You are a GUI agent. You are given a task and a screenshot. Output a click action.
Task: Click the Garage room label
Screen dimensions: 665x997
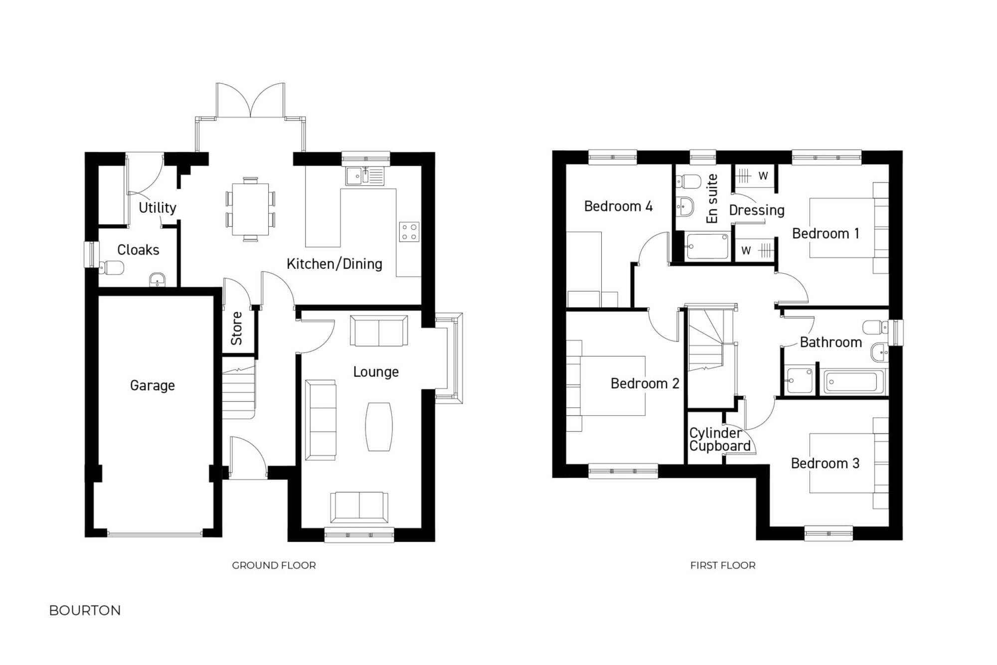152,385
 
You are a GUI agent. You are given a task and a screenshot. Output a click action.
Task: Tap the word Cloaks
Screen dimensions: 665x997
138,250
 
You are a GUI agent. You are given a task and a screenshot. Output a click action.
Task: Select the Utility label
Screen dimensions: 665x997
157,207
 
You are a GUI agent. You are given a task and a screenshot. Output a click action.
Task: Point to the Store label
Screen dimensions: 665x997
237,329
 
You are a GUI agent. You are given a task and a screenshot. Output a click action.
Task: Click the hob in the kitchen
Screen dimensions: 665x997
409,232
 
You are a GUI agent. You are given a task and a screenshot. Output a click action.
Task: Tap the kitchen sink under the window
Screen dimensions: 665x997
365,176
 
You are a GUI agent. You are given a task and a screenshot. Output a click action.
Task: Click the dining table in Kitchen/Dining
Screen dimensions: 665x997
250,209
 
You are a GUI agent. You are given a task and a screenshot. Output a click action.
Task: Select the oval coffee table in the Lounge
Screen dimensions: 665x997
379,427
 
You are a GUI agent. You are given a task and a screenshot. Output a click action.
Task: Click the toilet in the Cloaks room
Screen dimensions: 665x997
112,268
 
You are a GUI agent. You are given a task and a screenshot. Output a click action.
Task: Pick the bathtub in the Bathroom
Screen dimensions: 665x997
853,382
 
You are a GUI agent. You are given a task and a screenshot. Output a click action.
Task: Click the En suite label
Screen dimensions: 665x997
712,198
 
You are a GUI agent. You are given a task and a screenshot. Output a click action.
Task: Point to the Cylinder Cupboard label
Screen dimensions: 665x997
719,439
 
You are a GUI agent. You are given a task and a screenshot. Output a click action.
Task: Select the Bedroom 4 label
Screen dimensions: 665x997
618,206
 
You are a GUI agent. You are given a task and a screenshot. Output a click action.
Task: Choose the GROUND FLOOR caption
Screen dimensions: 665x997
274,565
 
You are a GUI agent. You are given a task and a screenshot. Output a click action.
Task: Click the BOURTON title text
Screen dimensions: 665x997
85,611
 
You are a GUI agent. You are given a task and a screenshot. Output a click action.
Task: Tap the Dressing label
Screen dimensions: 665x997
756,210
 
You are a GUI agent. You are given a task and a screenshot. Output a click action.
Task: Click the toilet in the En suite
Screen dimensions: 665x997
689,181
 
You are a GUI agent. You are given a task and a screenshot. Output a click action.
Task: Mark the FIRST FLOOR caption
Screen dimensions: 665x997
723,565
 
